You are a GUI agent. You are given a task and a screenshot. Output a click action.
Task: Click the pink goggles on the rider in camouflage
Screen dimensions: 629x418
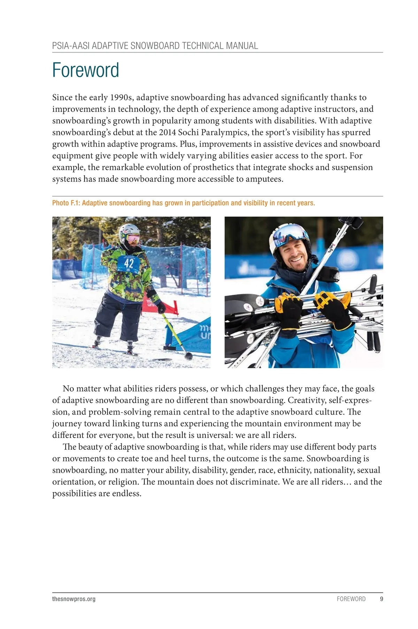tap(133, 239)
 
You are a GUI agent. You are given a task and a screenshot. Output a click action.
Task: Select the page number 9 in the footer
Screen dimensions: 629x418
tap(381, 599)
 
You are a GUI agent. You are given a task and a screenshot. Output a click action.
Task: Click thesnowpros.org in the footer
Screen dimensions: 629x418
tap(74, 599)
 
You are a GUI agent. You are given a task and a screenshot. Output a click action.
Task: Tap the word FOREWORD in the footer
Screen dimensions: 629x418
tap(351, 599)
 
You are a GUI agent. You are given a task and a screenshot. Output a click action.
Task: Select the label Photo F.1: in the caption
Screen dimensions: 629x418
tap(66, 203)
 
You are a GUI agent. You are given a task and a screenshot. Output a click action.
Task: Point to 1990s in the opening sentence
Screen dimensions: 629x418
tap(121, 98)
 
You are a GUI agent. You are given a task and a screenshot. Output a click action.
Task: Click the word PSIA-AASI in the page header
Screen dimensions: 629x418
tap(71, 46)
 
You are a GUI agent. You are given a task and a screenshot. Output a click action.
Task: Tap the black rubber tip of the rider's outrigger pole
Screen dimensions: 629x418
tap(188, 356)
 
